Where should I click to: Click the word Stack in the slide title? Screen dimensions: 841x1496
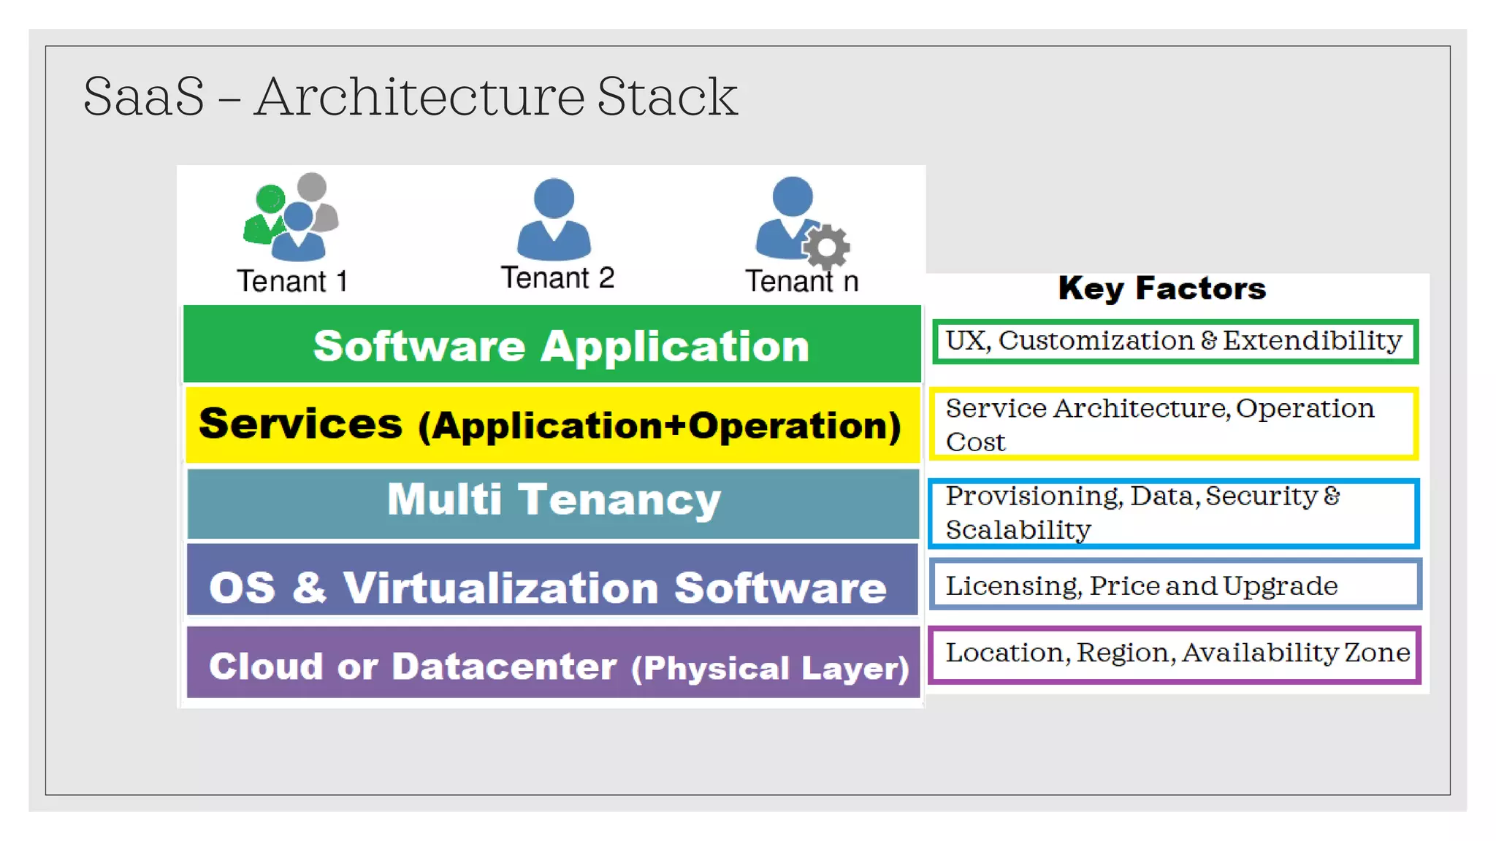667,96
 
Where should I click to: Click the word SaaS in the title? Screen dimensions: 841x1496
144,96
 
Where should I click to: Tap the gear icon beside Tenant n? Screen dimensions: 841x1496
827,247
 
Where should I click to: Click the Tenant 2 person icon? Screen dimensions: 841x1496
554,219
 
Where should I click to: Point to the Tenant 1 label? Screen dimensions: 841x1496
292,281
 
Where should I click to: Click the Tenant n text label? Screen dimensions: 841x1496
801,281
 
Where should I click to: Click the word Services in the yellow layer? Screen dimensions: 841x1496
300,423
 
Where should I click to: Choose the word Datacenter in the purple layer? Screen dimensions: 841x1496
504,667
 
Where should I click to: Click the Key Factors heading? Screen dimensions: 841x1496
1161,288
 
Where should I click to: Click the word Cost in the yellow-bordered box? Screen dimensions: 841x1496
975,442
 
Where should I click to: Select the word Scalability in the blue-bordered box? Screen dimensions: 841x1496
1018,530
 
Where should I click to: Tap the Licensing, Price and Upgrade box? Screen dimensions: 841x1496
1175,585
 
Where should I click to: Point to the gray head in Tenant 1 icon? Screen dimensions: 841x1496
312,187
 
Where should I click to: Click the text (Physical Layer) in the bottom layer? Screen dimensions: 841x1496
770,669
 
